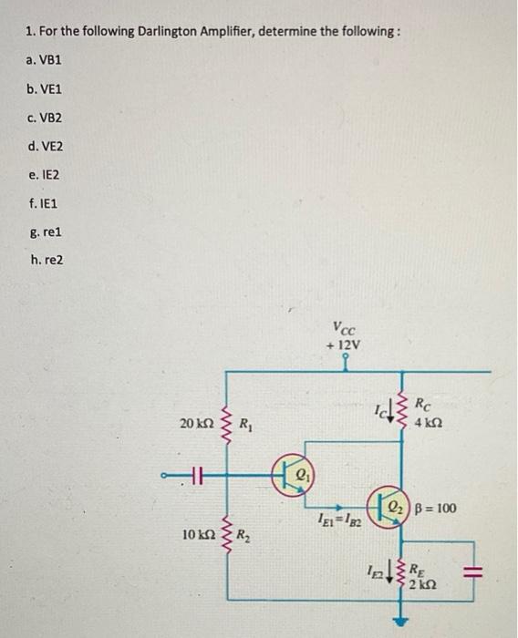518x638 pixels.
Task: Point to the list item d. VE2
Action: (46, 146)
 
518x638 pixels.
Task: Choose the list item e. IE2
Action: (44, 174)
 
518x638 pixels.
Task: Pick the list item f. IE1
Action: (43, 202)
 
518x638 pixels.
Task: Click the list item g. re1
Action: (44, 231)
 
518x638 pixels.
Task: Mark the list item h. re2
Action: (46, 259)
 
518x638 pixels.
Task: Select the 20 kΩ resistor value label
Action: (196, 425)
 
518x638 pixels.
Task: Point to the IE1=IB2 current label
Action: (337, 520)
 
